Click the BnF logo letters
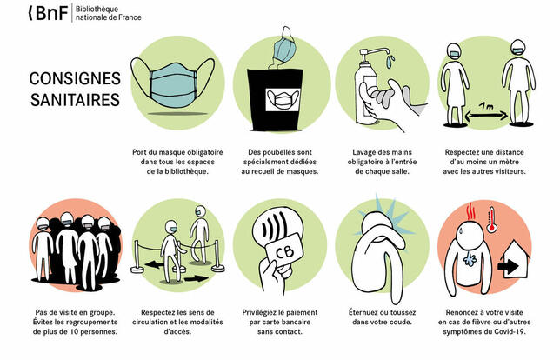click(49, 13)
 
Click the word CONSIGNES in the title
click(75, 78)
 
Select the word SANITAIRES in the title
click(75, 100)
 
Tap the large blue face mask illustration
click(173, 83)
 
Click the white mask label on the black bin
click(283, 100)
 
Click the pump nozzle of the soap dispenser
click(374, 52)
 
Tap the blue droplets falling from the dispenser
click(390, 61)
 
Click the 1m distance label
click(486, 106)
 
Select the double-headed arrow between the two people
click(486, 116)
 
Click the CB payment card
click(284, 251)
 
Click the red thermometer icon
click(492, 219)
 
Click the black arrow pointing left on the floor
click(153, 265)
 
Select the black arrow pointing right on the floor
click(196, 278)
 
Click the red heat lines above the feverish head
click(472, 211)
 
